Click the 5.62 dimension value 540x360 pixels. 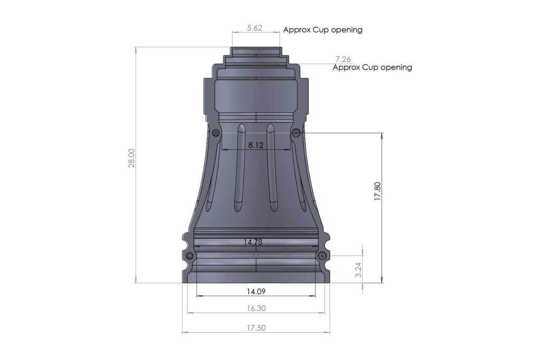(255, 28)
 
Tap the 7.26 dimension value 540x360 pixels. (343, 60)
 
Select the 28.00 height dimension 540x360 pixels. (131, 158)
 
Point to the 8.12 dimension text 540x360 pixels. (256, 145)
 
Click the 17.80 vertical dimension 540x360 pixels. (378, 191)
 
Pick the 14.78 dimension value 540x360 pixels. (253, 242)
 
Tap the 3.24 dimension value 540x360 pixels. (359, 269)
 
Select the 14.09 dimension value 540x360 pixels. (256, 291)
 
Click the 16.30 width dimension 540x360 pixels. (256, 308)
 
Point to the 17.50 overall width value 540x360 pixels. (256, 328)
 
